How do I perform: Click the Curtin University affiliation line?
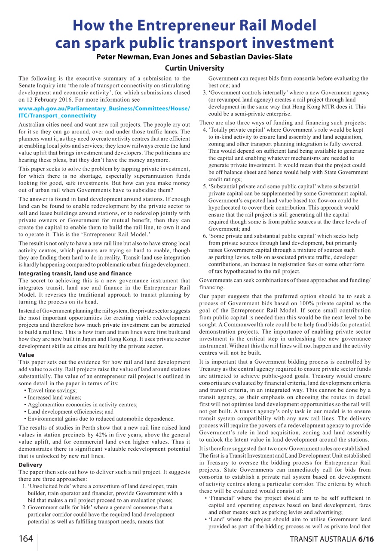coord(194,68)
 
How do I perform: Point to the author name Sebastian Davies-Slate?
coord(257,57)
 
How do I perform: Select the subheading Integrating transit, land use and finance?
coord(75,273)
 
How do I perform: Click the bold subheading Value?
coord(26,355)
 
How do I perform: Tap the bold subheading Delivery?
coord(30,465)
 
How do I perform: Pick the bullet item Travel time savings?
coord(52,390)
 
